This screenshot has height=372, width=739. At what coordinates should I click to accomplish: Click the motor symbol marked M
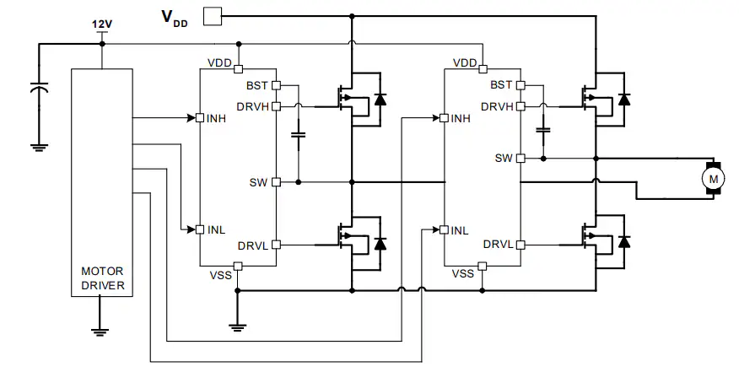(x=713, y=179)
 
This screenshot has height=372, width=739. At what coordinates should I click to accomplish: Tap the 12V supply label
(x=102, y=24)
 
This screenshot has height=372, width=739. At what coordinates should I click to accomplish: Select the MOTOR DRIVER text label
(x=103, y=278)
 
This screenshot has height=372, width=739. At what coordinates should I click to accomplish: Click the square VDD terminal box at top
(x=212, y=16)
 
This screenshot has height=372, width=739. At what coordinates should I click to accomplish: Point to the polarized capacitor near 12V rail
(x=39, y=88)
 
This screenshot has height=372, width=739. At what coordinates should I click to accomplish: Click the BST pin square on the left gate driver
(x=276, y=85)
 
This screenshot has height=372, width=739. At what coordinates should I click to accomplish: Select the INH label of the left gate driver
(x=216, y=118)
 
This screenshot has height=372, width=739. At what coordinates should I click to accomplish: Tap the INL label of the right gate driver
(x=460, y=230)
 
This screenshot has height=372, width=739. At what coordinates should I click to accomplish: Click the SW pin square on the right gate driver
(x=521, y=159)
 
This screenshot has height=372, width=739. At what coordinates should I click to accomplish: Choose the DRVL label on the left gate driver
(x=253, y=245)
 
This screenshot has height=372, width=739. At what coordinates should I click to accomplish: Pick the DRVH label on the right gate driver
(x=497, y=106)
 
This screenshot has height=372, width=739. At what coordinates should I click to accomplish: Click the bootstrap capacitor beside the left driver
(x=299, y=135)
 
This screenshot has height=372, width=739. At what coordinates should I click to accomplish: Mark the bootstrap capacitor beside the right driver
(x=543, y=129)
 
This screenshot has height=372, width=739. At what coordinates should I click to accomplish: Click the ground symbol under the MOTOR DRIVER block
(x=100, y=332)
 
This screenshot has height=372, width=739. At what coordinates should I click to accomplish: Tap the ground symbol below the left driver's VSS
(x=238, y=327)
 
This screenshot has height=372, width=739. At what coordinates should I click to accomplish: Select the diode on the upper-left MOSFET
(x=380, y=100)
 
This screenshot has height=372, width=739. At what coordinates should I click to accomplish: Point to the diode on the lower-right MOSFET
(x=624, y=241)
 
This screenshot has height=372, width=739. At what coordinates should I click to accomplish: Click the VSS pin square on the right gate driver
(x=483, y=267)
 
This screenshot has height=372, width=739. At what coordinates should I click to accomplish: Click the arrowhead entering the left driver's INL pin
(x=191, y=229)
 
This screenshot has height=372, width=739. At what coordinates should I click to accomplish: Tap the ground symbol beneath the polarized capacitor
(x=39, y=148)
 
